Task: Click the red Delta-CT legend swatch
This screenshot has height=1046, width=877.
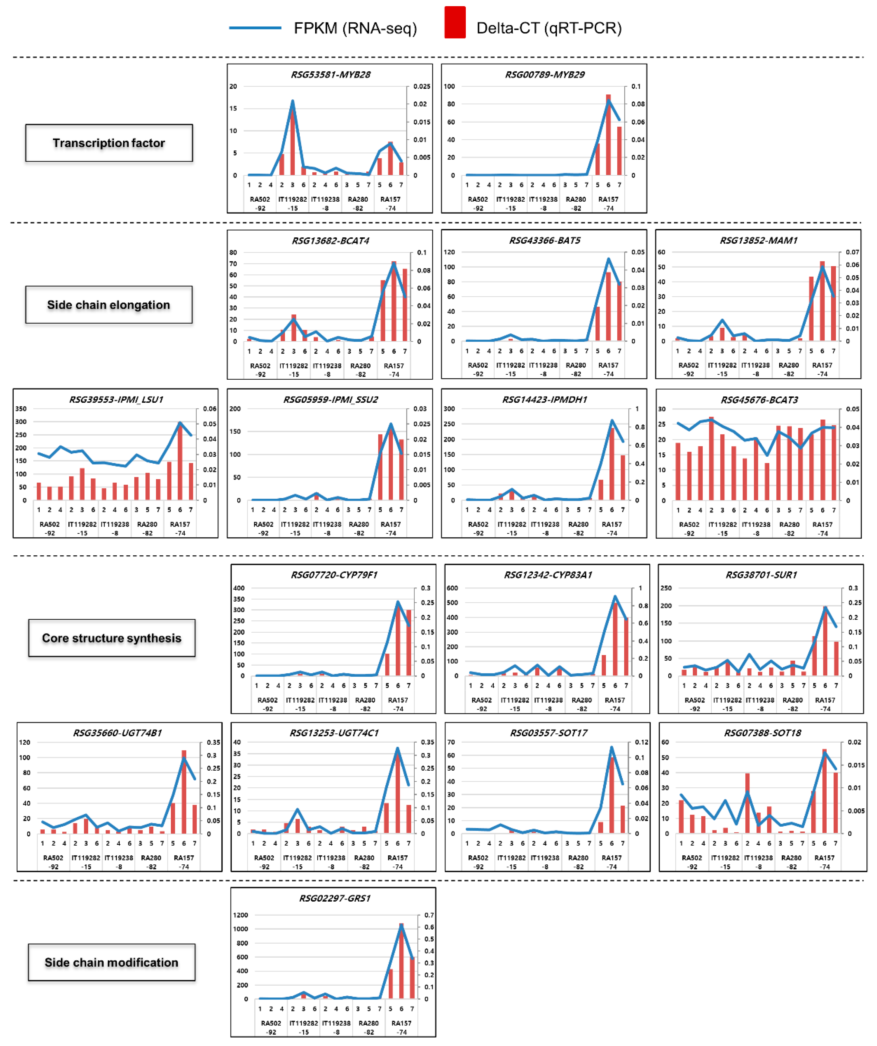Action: click(455, 22)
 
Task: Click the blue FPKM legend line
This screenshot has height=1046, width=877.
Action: click(255, 28)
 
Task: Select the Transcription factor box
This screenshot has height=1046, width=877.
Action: click(109, 143)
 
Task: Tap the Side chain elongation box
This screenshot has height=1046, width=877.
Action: click(109, 305)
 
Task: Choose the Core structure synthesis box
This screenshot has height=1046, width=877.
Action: click(112, 638)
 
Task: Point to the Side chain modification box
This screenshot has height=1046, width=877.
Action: click(112, 962)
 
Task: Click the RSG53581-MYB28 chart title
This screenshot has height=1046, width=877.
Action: click(330, 75)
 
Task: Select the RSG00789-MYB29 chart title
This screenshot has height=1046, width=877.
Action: click(545, 75)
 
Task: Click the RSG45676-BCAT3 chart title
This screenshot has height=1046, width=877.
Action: click(759, 400)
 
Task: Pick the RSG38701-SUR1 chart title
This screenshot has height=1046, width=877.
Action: click(761, 575)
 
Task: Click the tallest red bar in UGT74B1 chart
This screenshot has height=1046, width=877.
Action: click(184, 792)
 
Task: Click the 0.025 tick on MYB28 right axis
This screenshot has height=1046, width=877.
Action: click(422, 86)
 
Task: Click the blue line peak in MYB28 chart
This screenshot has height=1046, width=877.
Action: click(292, 101)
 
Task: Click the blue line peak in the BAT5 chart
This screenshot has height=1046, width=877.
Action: click(608, 259)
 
